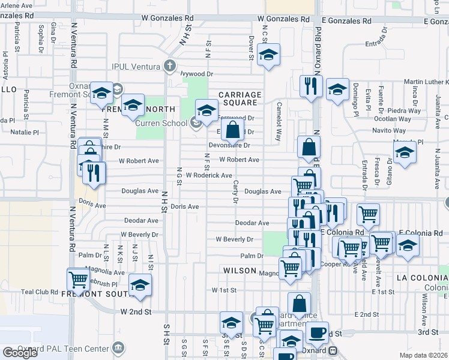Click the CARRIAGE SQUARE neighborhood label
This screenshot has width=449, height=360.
tap(240, 99)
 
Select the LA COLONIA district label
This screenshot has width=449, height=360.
tap(422, 278)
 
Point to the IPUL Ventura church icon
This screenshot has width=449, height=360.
tap(170, 65)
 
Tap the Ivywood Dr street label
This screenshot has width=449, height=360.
tap(197, 74)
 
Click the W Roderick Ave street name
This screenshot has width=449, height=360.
tap(208, 175)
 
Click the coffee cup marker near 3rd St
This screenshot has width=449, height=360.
tap(317, 332)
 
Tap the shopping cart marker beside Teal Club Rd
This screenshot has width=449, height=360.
tap(79, 278)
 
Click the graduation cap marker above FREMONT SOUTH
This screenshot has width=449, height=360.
tap(140, 284)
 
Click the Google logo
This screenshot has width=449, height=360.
tap(20, 353)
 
